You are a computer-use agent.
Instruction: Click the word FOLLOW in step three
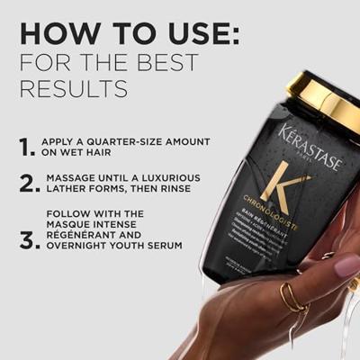[x=71, y=213]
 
